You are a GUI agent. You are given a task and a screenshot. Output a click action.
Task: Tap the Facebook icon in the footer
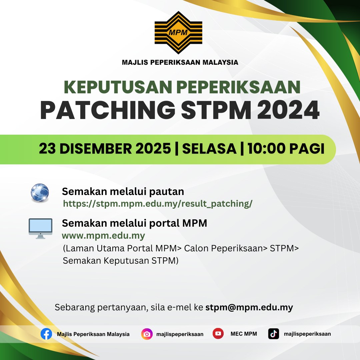click(x=46, y=334)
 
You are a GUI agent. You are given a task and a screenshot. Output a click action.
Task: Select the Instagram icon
click(x=147, y=334)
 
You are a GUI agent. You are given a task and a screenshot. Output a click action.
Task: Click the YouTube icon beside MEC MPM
click(x=218, y=333)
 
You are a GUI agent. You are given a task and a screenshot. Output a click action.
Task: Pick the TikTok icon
click(x=273, y=334)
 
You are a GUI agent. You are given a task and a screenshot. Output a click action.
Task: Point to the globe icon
click(x=40, y=193)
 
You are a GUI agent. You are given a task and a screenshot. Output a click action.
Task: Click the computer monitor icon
click(x=40, y=228)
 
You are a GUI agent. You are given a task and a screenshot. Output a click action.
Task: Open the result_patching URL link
click(x=158, y=204)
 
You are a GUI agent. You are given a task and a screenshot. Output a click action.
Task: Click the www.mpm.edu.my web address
click(x=103, y=236)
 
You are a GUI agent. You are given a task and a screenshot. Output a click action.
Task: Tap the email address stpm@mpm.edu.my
click(x=249, y=307)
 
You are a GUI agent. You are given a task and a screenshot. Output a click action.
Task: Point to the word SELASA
click(x=209, y=149)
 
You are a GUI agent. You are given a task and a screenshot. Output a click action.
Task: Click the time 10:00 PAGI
click(x=286, y=149)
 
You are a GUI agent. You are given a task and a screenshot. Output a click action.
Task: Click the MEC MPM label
click(x=244, y=334)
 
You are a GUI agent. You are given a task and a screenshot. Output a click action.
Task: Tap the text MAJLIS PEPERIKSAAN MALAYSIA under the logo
click(x=180, y=62)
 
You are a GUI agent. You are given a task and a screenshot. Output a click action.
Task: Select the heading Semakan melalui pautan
click(x=123, y=192)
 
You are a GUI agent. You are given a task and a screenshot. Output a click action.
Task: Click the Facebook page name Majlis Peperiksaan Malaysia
click(x=93, y=334)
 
